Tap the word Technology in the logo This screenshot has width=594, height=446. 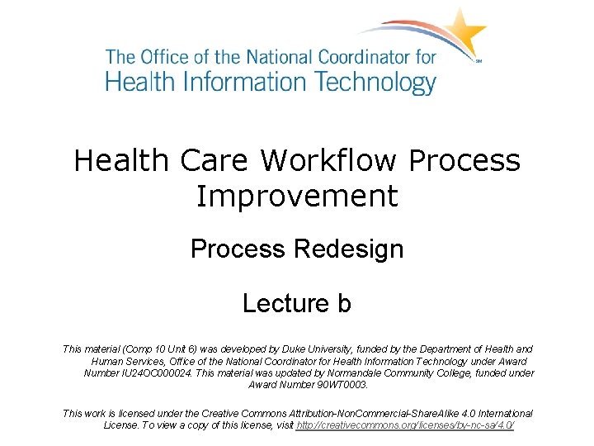(363, 83)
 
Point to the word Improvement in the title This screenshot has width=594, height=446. (297, 197)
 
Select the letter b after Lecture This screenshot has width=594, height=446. (343, 304)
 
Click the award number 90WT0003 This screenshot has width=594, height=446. (342, 384)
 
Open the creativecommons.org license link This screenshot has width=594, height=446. (404, 425)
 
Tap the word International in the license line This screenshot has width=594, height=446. (502, 413)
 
